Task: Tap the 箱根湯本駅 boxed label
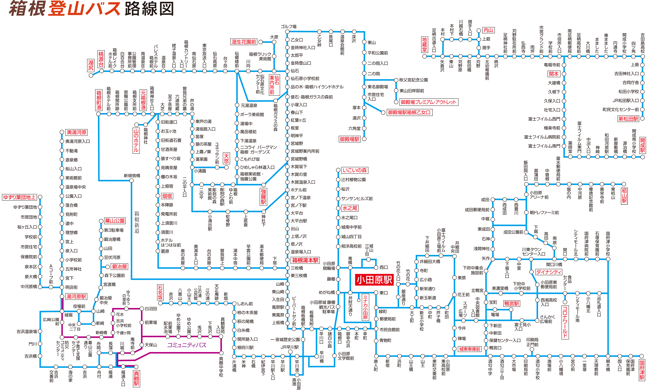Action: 305,260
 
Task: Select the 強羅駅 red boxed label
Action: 263,197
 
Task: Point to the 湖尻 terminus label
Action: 91,65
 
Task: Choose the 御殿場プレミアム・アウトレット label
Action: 428,102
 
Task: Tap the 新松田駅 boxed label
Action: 628,119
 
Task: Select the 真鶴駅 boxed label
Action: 136,379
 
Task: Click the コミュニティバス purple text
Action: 187,345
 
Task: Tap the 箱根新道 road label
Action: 137,222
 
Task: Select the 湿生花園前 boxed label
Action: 244,42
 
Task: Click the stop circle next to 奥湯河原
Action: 62,132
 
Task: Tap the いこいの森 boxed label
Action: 354,170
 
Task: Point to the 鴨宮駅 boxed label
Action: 512,304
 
